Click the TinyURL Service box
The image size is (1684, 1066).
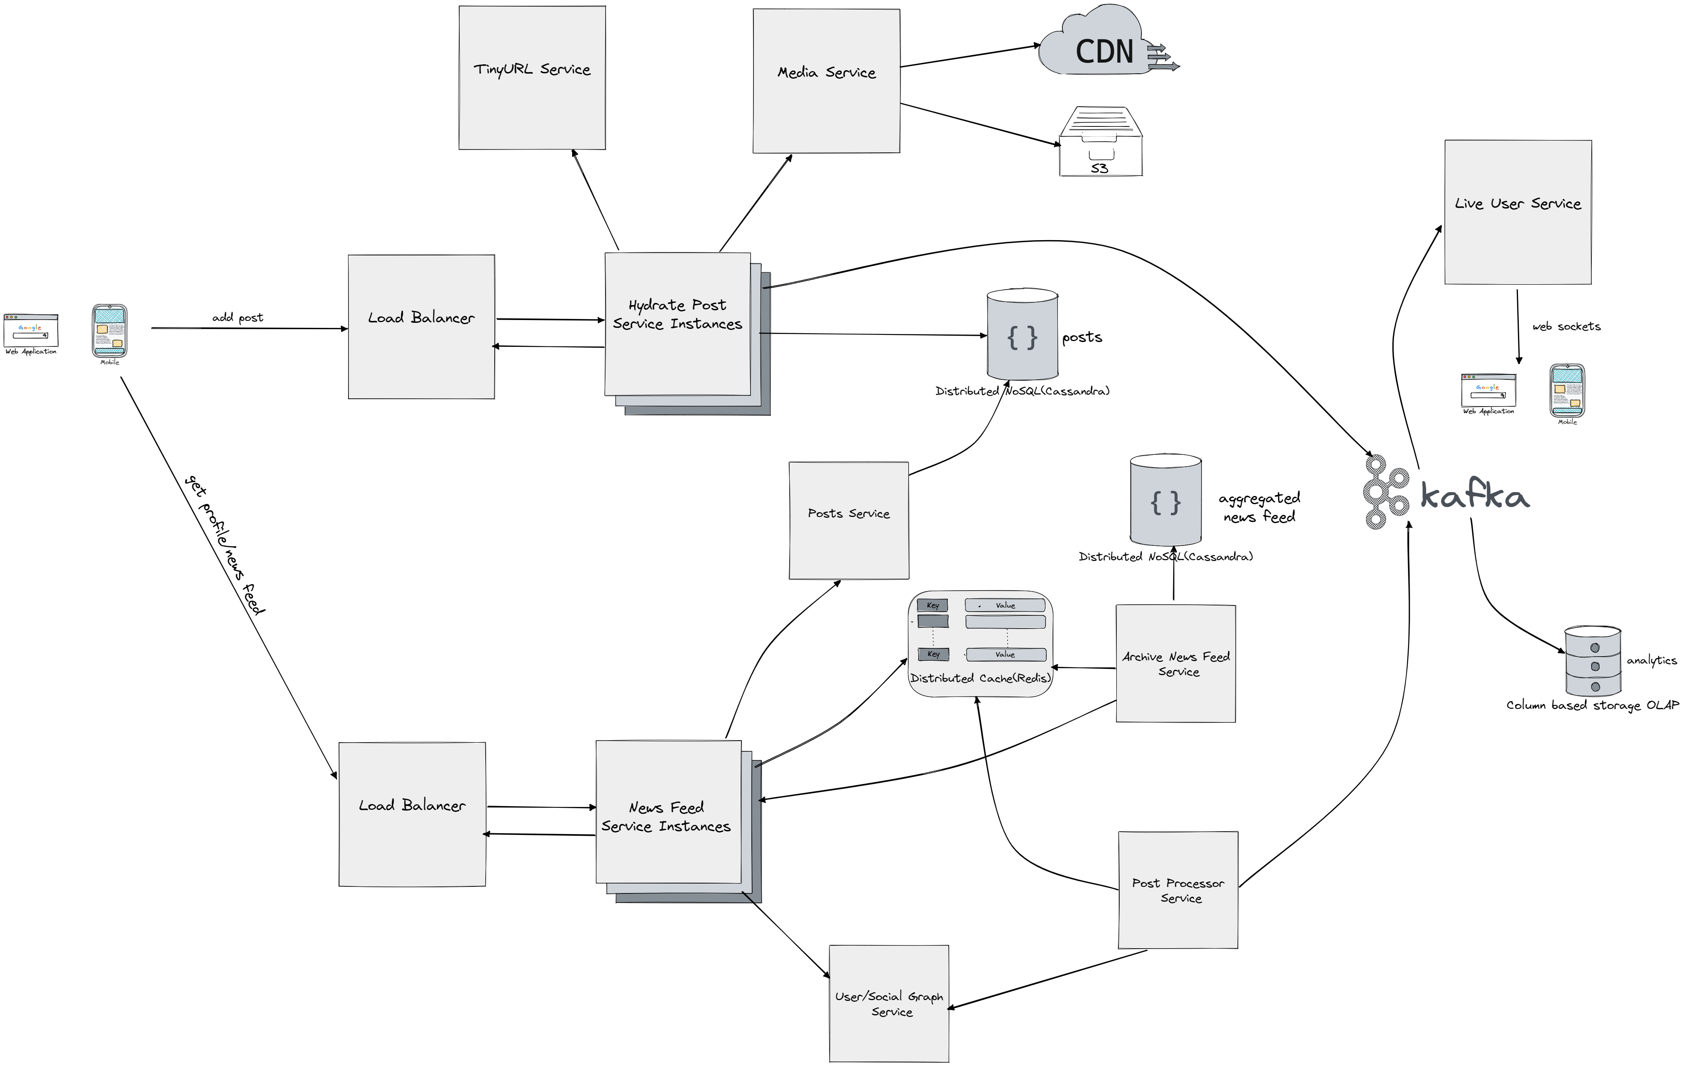[x=531, y=77]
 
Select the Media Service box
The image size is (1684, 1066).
[x=826, y=80]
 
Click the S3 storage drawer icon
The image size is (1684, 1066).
[x=1101, y=143]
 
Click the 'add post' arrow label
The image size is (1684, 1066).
[x=238, y=318]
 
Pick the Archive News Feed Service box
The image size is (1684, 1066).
[x=1176, y=663]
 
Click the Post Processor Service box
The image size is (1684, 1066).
[x=1178, y=890]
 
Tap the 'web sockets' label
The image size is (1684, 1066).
[x=1566, y=327]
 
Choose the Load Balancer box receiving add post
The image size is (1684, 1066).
[x=421, y=327]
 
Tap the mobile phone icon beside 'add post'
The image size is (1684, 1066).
[x=110, y=331]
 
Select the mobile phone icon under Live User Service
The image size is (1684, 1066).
[x=1567, y=390]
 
